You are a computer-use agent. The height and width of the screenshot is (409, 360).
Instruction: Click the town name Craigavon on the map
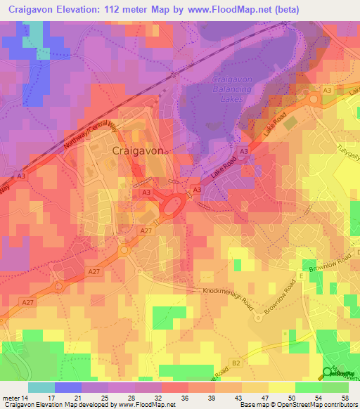pos(139,151)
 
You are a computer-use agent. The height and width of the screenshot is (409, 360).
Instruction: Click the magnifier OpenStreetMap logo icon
pos(328,373)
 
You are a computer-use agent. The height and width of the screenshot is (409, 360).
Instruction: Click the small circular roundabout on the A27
pos(126,249)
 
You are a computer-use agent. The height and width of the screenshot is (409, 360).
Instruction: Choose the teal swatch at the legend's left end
pos(41,387)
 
